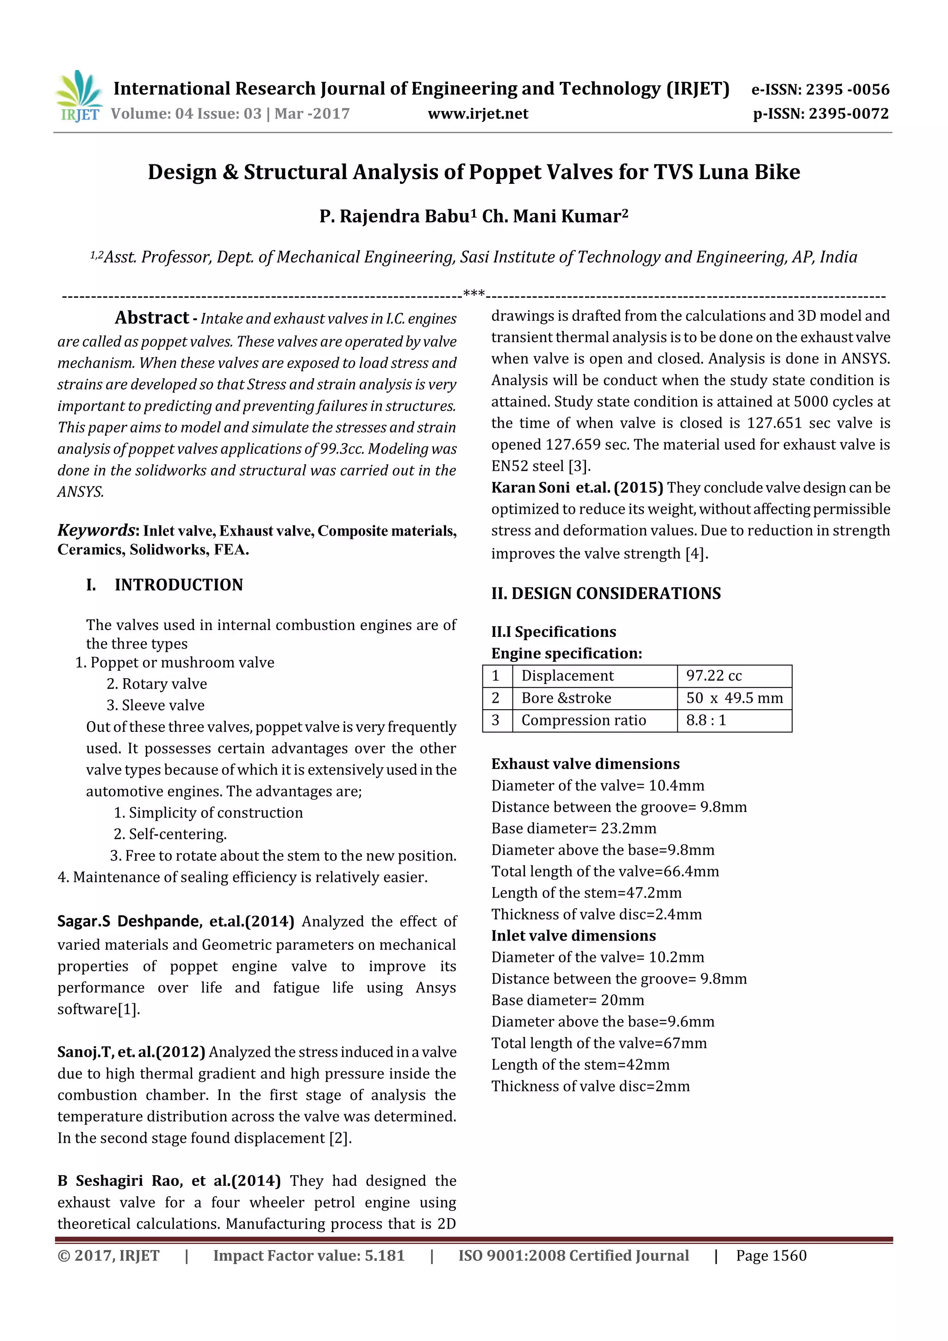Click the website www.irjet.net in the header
(x=477, y=114)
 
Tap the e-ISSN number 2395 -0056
(x=847, y=89)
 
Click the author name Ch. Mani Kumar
(x=555, y=217)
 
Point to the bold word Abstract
(x=151, y=318)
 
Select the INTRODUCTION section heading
(x=178, y=585)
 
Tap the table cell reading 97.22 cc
(x=713, y=676)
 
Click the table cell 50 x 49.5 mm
(x=734, y=698)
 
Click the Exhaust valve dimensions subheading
(x=585, y=764)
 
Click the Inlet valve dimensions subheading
(x=573, y=936)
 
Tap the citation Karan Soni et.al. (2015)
(x=576, y=488)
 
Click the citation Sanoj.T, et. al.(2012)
(x=131, y=1052)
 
